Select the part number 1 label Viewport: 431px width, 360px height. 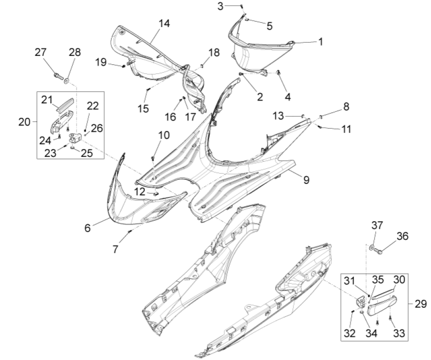pyautogui.click(x=321, y=41)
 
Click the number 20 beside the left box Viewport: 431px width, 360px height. pyautogui.click(x=24, y=122)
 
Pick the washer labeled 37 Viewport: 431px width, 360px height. pyautogui.click(x=371, y=246)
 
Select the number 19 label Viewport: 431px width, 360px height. pyautogui.click(x=101, y=62)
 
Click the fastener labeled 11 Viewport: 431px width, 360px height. pyautogui.click(x=321, y=126)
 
